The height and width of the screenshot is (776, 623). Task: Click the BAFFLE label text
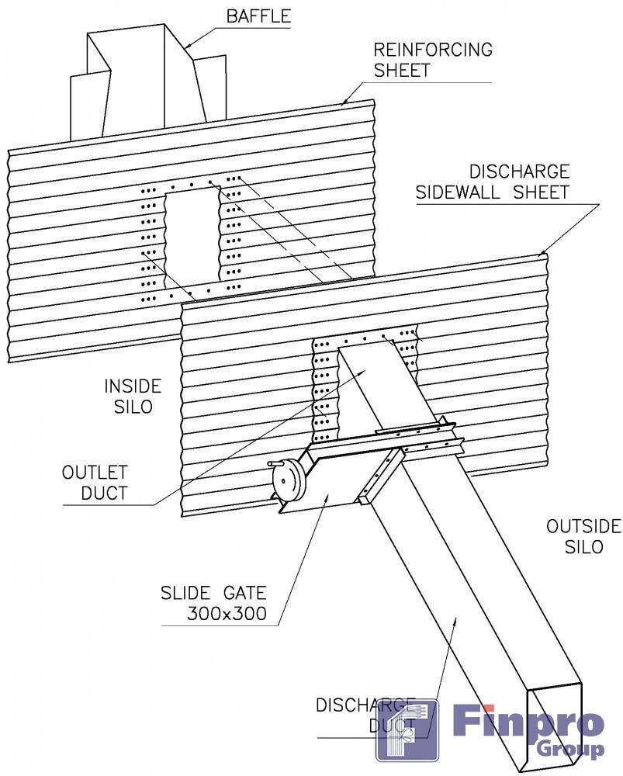tap(258, 16)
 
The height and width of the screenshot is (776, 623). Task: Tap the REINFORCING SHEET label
tap(433, 60)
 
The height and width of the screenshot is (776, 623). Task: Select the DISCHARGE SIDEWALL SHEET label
tap(493, 182)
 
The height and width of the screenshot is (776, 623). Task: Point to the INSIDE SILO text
tap(133, 397)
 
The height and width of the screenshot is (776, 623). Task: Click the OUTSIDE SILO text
tap(583, 536)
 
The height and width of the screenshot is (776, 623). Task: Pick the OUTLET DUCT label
tap(95, 483)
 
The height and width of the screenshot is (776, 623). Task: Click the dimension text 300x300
tap(227, 614)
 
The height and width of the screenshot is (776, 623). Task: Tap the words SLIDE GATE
tap(213, 593)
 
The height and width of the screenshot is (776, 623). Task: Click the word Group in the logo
tap(570, 750)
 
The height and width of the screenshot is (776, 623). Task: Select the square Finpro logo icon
tap(407, 730)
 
